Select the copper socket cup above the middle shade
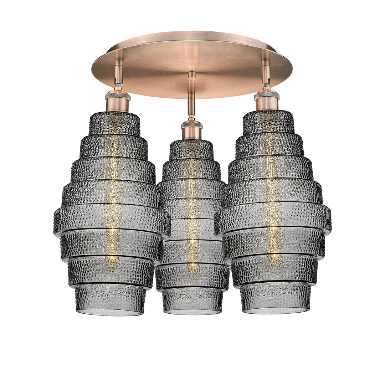point(191,134)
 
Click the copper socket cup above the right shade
point(267,104)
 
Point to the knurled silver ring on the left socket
point(117,96)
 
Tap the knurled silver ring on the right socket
point(267,95)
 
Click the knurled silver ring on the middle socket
point(191,125)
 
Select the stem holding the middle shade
point(192,100)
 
